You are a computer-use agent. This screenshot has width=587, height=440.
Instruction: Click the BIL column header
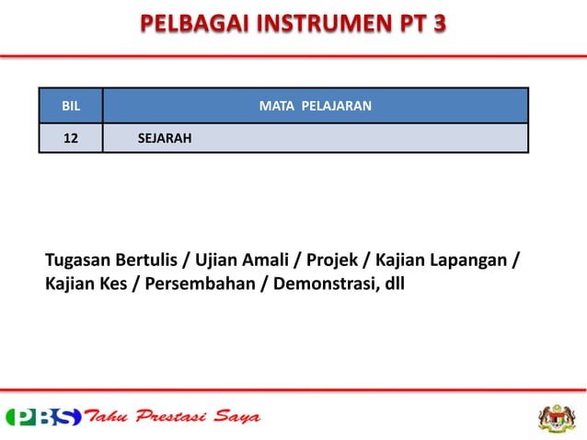click(70, 106)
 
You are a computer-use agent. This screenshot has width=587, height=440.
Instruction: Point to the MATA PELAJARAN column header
click(315, 106)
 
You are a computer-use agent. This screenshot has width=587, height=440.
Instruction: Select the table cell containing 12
click(70, 138)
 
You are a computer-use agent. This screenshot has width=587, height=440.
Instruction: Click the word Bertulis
click(152, 261)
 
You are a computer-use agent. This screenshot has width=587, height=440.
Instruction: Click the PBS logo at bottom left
click(43, 417)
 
